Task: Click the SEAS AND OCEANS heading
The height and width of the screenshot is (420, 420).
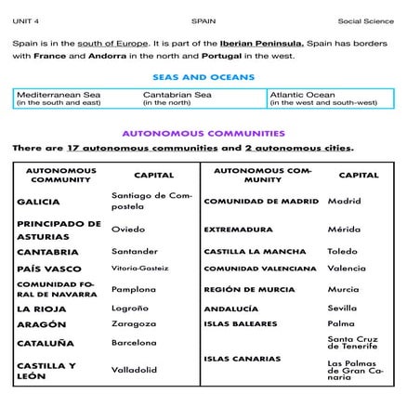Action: (210, 78)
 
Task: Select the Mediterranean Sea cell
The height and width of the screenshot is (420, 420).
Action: (59, 98)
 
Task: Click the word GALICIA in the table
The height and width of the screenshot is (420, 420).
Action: (39, 201)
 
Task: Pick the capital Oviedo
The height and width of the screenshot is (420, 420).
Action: (128, 229)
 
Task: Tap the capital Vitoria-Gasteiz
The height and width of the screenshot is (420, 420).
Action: (139, 269)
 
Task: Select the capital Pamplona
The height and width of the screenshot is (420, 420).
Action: (134, 289)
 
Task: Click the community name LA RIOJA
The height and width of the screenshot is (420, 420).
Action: (42, 308)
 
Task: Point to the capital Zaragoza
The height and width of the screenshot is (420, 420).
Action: (134, 324)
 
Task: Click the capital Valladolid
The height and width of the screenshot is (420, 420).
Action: (136, 370)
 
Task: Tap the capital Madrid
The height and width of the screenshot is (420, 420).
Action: (344, 201)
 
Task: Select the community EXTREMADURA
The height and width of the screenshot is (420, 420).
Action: (238, 230)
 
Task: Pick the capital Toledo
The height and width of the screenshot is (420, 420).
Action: (342, 251)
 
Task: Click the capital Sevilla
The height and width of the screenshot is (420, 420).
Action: (342, 308)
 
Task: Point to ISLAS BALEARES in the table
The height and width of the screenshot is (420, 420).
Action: (240, 324)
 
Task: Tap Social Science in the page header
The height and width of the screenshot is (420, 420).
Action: (365, 20)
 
